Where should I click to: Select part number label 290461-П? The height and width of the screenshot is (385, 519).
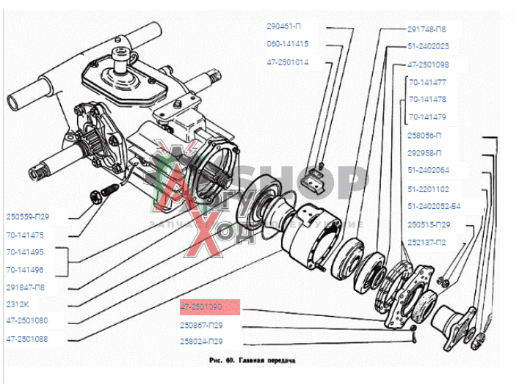click(x=283, y=26)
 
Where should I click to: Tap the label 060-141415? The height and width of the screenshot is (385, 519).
click(x=288, y=44)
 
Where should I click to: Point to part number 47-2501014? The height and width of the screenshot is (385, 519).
click(x=288, y=62)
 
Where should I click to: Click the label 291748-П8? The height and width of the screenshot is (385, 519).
click(x=426, y=29)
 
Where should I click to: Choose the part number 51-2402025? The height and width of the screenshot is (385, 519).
click(x=428, y=46)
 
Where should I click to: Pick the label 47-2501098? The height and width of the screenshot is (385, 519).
click(x=428, y=65)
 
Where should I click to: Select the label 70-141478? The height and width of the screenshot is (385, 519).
click(x=428, y=99)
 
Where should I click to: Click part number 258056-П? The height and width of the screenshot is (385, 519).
click(x=425, y=136)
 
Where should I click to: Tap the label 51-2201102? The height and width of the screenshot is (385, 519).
click(x=428, y=188)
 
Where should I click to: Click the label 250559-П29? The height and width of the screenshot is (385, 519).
click(x=36, y=217)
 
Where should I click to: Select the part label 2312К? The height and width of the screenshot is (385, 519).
click(x=20, y=304)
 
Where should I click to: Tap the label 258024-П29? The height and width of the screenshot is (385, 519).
click(x=201, y=342)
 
